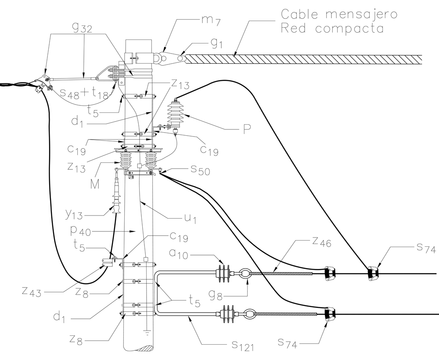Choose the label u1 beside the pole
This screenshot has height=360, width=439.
click(190, 218)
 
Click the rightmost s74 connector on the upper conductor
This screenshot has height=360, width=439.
click(374, 273)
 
